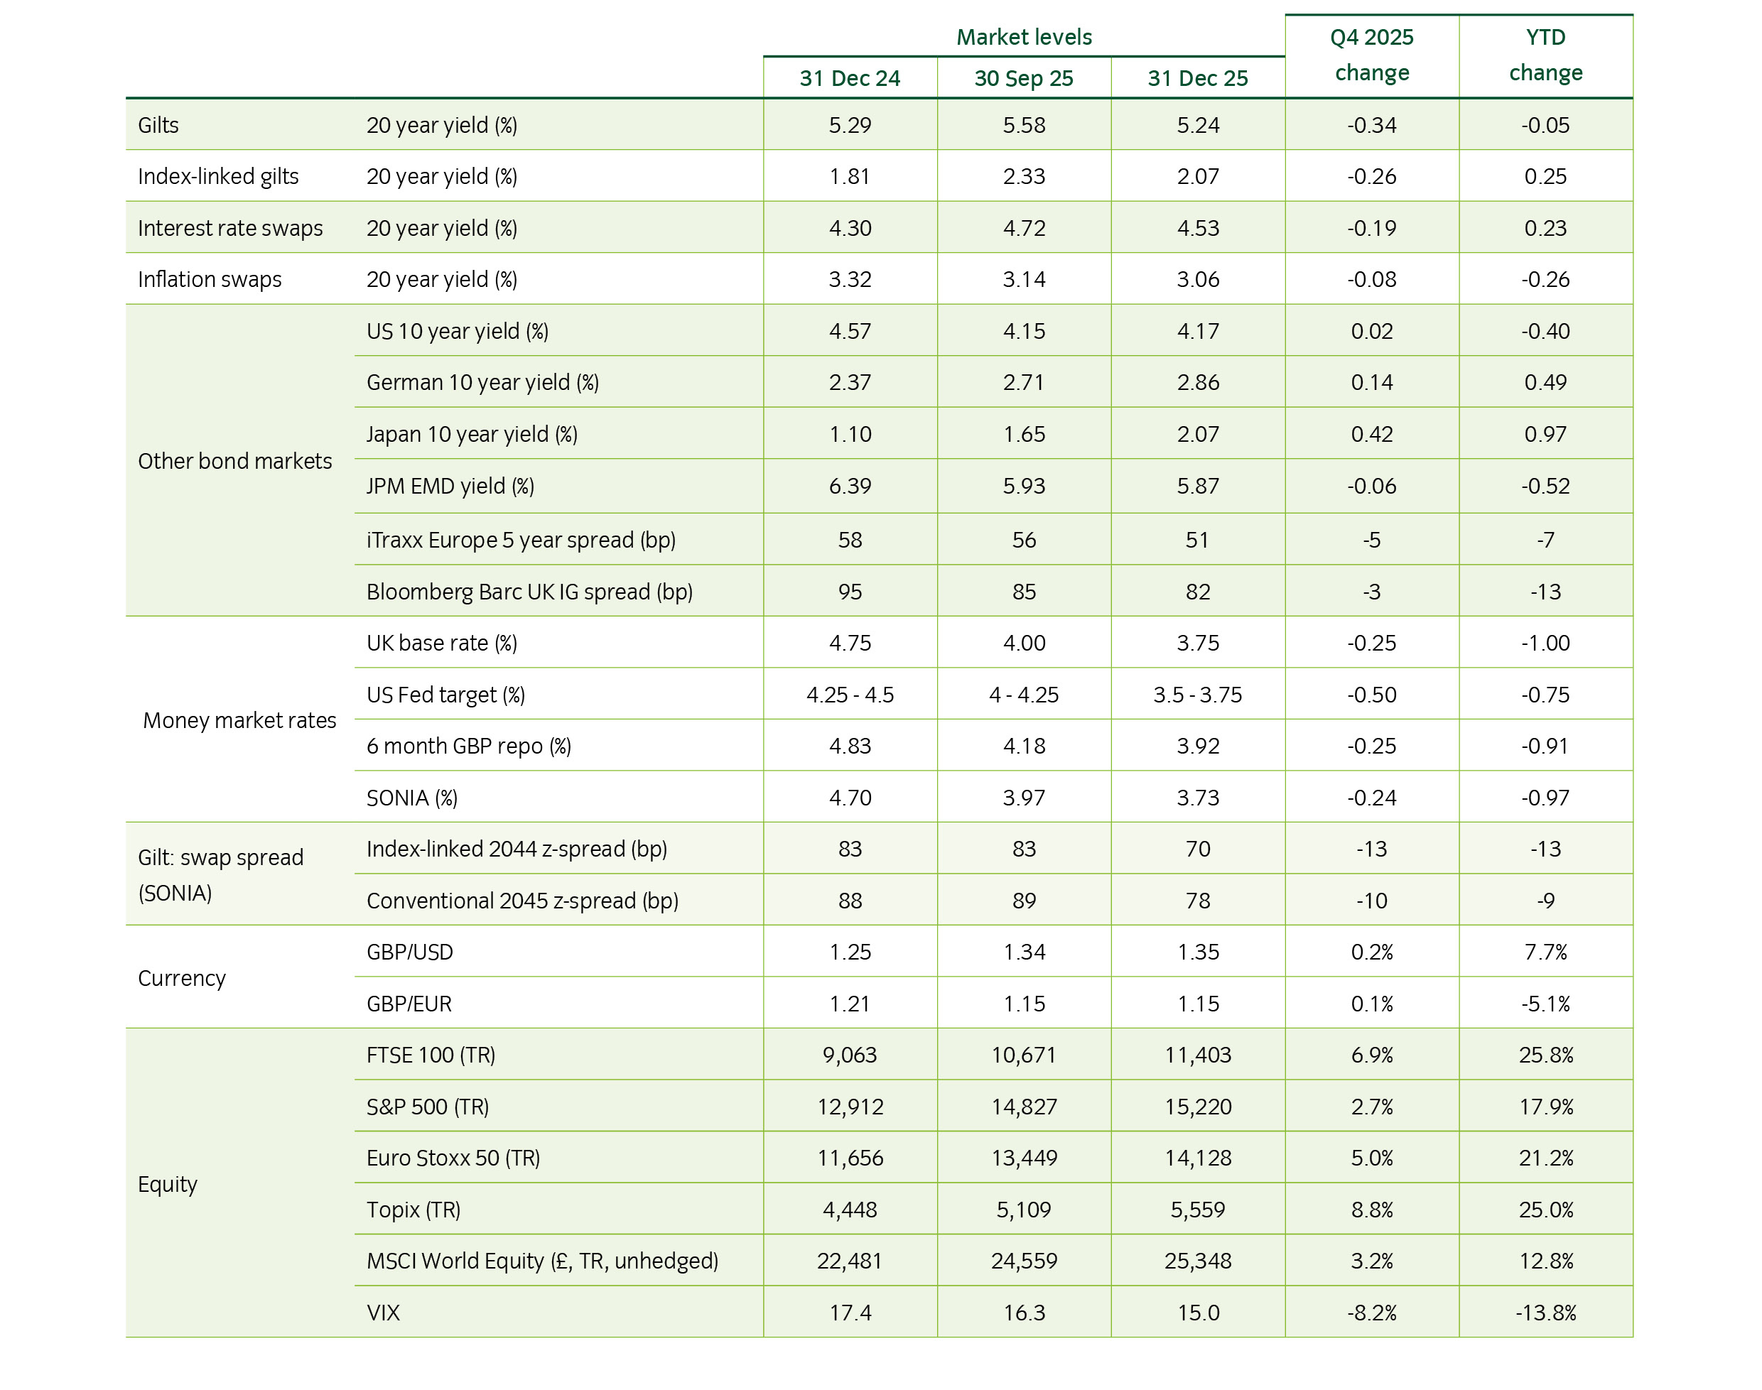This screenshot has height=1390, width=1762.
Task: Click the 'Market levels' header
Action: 1023,37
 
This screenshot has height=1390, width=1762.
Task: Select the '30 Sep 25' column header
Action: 1023,78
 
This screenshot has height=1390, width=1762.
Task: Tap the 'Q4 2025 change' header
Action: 1371,55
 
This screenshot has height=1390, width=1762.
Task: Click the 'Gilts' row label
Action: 158,124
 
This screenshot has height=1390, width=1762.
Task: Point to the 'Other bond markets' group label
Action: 234,461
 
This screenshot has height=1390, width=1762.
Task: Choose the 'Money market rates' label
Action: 239,720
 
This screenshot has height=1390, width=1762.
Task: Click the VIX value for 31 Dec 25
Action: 1197,1313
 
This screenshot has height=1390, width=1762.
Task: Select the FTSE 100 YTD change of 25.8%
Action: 1545,1055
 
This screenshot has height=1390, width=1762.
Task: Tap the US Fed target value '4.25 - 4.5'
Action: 850,694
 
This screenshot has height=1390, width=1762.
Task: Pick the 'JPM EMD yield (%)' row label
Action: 450,486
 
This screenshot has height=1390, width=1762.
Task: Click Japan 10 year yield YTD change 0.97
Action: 1545,434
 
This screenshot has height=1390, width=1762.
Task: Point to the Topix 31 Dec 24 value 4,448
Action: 850,1210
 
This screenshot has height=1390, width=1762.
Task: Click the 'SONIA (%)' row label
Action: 412,798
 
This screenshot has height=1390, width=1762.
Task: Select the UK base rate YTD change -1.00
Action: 1545,643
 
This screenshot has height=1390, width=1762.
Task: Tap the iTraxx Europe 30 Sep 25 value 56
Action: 1023,540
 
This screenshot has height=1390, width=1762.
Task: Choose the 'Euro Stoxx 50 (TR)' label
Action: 453,1157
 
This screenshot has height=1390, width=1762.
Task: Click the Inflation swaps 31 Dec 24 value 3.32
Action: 850,279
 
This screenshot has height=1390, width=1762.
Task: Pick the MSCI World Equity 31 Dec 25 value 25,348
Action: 1197,1261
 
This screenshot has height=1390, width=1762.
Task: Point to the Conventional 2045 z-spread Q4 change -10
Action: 1371,900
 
